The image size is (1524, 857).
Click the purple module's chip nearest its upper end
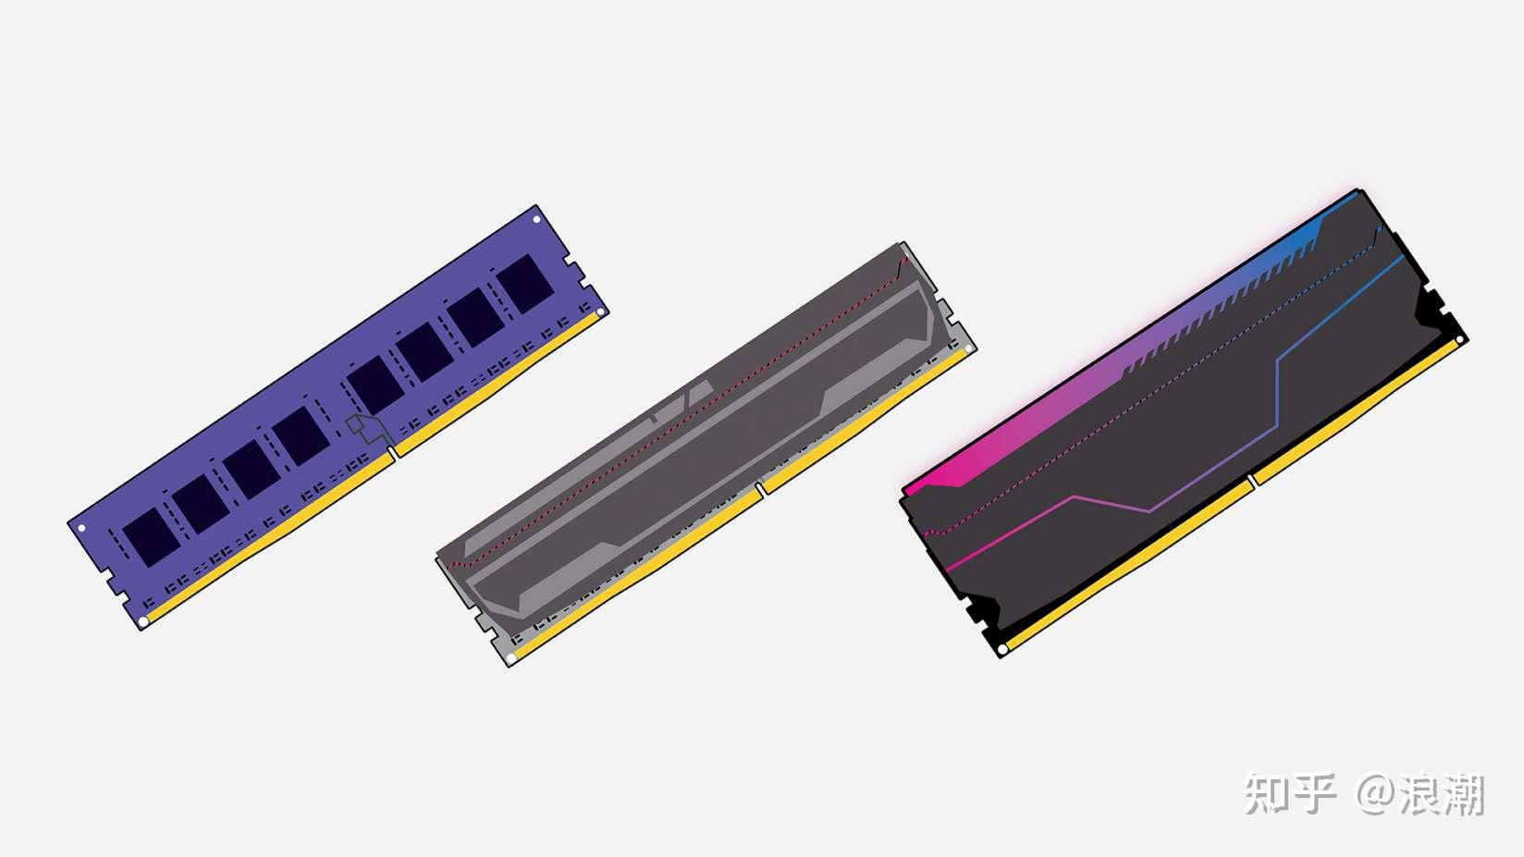pos(525,284)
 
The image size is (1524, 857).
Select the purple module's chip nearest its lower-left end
pos(152,537)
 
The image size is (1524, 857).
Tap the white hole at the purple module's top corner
pos(536,220)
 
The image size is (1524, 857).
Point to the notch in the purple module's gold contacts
pos(393,452)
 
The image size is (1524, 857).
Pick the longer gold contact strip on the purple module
pos(270,537)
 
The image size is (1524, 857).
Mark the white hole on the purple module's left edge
pos(82,528)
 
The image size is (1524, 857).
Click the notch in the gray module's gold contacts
pos(760,488)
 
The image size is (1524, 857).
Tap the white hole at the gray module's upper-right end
pos(968,349)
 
